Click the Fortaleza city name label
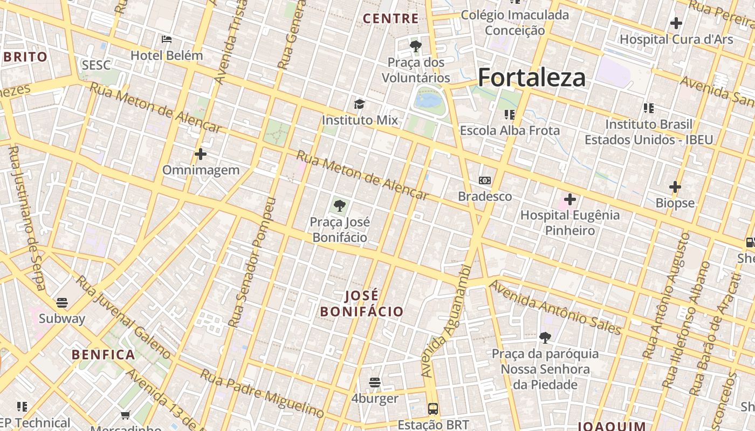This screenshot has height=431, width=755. (x=531, y=77)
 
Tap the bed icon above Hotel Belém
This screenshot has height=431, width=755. (x=167, y=39)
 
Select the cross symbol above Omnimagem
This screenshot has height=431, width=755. (x=201, y=154)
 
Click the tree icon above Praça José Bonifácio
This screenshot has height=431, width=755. (x=340, y=205)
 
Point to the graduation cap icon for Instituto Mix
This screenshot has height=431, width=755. (x=359, y=104)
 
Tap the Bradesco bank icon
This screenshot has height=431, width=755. (x=485, y=180)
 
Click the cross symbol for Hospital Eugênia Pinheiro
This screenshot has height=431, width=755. (x=570, y=199)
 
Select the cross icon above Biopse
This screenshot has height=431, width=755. (x=675, y=187)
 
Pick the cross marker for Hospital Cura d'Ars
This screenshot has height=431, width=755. (x=676, y=23)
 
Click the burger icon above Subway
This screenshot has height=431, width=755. (x=62, y=302)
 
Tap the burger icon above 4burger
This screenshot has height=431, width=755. (x=375, y=383)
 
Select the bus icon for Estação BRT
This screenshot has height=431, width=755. (x=433, y=408)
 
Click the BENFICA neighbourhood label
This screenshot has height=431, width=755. (x=103, y=354)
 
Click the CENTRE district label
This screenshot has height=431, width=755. (x=391, y=19)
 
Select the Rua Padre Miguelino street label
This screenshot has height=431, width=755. (x=262, y=393)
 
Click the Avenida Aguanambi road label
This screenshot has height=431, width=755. (x=445, y=321)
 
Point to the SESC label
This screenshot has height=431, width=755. (x=96, y=66)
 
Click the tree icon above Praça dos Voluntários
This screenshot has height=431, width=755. (x=415, y=46)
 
